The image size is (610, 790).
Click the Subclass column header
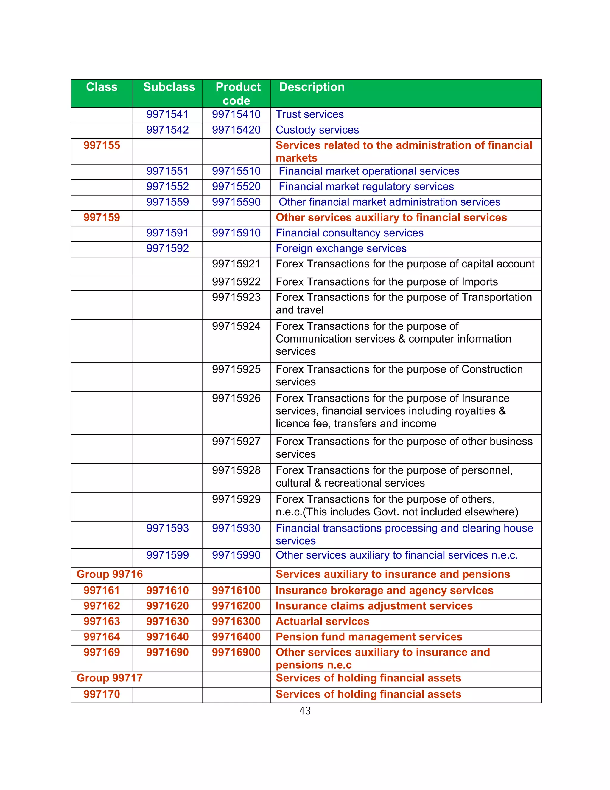[x=169, y=87]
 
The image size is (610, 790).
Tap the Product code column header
[x=237, y=93]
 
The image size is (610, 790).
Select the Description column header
[x=312, y=87]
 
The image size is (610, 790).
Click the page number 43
[x=305, y=711]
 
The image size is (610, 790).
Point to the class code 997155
[x=102, y=145]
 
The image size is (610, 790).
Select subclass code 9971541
[x=167, y=114]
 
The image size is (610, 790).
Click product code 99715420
[x=236, y=130]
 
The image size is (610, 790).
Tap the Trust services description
[x=309, y=114]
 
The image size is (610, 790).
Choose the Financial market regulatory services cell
[x=366, y=187]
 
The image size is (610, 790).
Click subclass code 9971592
[x=167, y=249]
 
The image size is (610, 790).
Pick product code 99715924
[x=236, y=326]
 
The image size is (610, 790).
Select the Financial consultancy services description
[x=349, y=233]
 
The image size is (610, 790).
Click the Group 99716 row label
[x=110, y=574]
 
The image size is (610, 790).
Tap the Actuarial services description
[x=322, y=622]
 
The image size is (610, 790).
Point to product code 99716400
[x=236, y=637]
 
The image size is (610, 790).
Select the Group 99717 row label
[x=110, y=678]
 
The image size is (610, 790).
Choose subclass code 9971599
[x=167, y=555]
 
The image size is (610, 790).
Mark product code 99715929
[x=236, y=499]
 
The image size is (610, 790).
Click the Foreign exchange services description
[x=341, y=249]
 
